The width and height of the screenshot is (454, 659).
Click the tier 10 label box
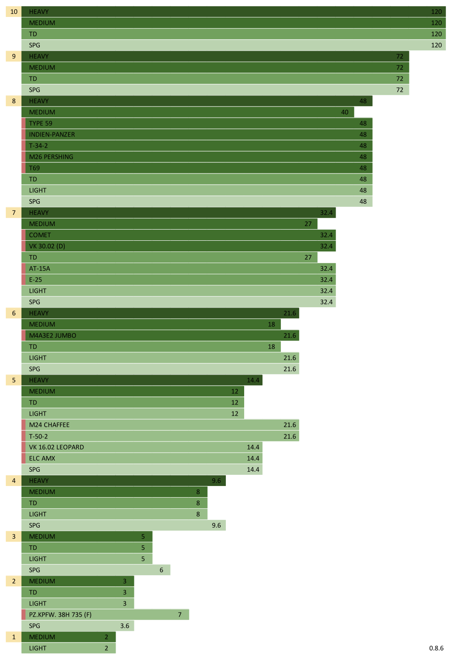(x=13, y=12)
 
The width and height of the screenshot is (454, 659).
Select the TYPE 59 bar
(x=196, y=124)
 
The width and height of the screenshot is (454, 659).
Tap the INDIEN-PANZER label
(x=52, y=135)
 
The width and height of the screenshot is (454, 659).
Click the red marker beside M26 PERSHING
(x=24, y=157)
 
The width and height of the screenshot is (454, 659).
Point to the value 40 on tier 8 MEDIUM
(x=345, y=112)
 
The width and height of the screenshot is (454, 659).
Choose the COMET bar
(x=179, y=235)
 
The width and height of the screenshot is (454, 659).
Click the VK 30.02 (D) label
(x=47, y=246)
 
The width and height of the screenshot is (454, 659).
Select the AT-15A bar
(x=179, y=268)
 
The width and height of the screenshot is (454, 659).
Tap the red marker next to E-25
(x=24, y=280)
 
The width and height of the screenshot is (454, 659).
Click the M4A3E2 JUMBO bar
(x=161, y=335)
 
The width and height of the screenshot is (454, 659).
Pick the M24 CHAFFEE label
(x=49, y=425)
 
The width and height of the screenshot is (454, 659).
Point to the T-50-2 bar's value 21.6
(x=289, y=437)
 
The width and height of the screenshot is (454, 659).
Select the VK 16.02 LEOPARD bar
(x=143, y=447)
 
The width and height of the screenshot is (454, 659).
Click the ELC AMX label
(x=42, y=458)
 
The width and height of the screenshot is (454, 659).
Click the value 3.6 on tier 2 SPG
(x=125, y=626)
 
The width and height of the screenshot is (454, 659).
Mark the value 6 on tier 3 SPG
(x=161, y=570)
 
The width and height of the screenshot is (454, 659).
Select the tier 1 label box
(x=13, y=637)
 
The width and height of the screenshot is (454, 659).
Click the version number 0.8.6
(x=436, y=648)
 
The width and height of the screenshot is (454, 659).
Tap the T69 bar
(x=196, y=168)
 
